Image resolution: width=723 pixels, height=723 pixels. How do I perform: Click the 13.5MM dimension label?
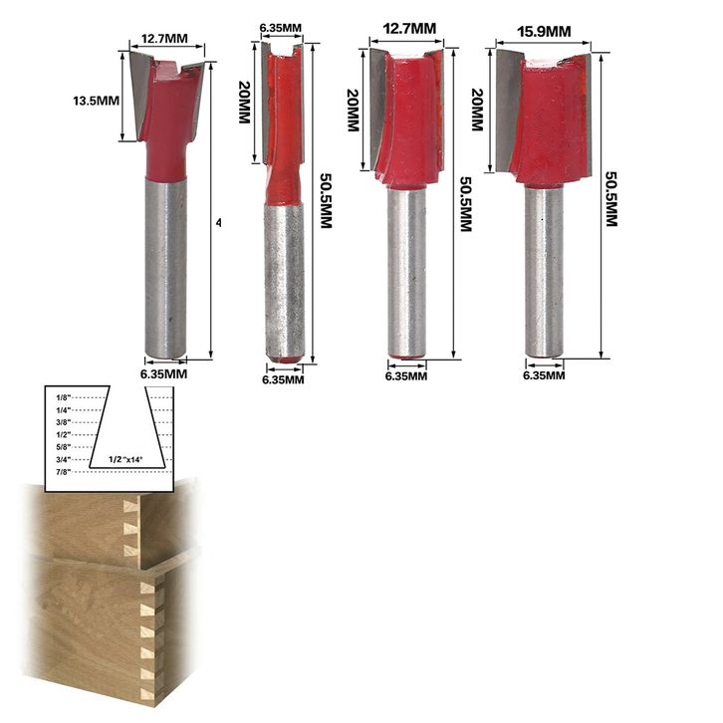[96, 101]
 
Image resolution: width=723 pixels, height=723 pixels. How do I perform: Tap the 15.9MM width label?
[544, 32]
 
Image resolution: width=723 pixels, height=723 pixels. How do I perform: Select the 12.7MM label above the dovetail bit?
[164, 38]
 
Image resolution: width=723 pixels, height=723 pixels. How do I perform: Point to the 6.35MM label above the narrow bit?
[281, 28]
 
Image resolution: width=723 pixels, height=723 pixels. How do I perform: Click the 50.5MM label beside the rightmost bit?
[610, 199]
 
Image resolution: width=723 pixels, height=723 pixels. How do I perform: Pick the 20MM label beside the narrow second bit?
[244, 102]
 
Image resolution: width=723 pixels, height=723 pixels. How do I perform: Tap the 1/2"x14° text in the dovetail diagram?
[125, 459]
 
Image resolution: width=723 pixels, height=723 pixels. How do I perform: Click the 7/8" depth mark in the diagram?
[63, 472]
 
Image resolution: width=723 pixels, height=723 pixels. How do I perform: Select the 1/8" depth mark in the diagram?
[63, 397]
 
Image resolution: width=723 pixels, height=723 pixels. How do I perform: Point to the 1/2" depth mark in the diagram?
[63, 434]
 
